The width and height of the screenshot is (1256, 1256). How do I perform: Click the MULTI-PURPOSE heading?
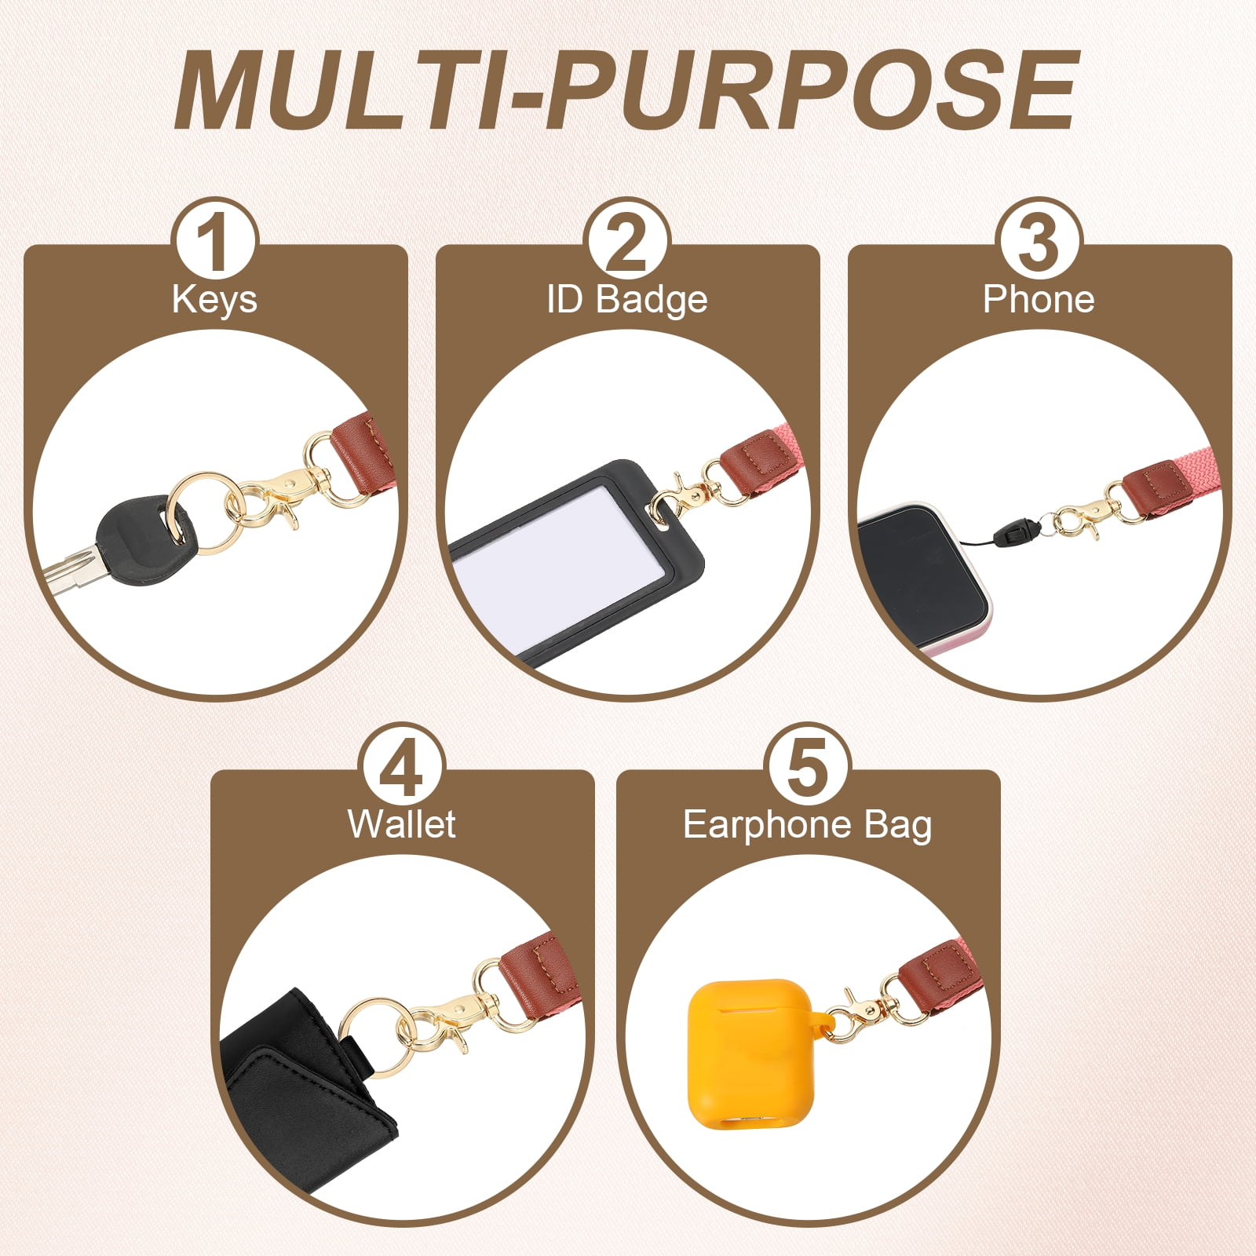(x=626, y=89)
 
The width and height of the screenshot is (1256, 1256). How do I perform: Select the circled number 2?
(x=627, y=239)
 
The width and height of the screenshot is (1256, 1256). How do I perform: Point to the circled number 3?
(x=1039, y=239)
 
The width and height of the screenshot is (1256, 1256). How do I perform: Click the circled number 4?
(x=403, y=765)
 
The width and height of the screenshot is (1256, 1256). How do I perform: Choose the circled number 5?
(x=808, y=765)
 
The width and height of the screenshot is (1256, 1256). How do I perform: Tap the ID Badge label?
(x=627, y=300)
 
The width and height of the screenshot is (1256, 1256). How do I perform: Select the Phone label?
(x=1039, y=299)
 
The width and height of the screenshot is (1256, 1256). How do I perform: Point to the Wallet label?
(x=402, y=824)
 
